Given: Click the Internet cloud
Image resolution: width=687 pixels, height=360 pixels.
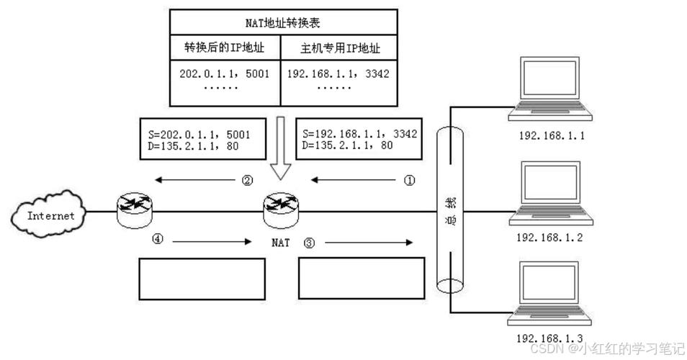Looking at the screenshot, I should click(48, 213).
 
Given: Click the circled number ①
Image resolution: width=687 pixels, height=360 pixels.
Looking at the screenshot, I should click(409, 181).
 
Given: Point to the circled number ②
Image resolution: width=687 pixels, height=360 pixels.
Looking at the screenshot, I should click(247, 181).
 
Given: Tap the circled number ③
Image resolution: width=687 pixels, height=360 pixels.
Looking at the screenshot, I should click(310, 243).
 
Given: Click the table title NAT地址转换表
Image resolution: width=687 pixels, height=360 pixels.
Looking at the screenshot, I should click(283, 23).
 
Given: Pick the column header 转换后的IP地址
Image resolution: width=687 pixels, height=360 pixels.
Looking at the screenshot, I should click(225, 50).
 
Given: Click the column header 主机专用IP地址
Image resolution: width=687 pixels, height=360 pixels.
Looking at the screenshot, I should click(339, 50).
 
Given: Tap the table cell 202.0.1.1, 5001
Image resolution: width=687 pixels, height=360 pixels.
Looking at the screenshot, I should click(225, 73).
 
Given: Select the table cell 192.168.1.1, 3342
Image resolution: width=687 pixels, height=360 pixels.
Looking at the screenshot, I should click(339, 73).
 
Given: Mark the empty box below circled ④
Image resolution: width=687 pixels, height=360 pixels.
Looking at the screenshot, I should click(202, 279).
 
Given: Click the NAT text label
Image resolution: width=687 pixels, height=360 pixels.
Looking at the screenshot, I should click(281, 243).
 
